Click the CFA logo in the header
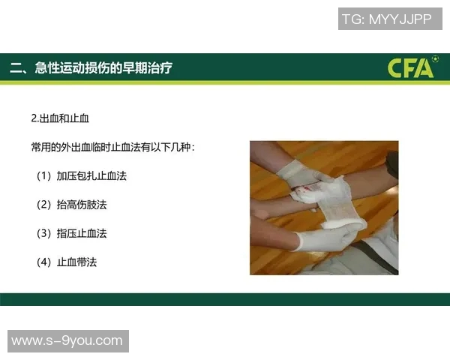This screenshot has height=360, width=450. tap(412, 67)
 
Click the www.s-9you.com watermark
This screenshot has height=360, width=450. tap(68, 341)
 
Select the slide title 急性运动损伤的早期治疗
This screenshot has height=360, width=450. tap(103, 67)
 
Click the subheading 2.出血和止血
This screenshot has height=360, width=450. tap(60, 118)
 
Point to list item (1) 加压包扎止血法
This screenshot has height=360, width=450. tap(82, 175)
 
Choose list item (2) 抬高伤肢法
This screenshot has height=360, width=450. tap(71, 205)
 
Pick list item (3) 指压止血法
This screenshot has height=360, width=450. tap(71, 233)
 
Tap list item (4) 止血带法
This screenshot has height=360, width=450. tap(67, 262)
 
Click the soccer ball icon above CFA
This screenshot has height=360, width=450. tap(436, 58)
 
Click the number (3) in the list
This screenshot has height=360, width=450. tap(44, 233)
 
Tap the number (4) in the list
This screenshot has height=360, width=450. tap(44, 262)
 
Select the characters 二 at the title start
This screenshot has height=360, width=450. tap(16, 68)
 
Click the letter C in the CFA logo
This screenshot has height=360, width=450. tap(394, 68)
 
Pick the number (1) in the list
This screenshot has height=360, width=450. tap(44, 175)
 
